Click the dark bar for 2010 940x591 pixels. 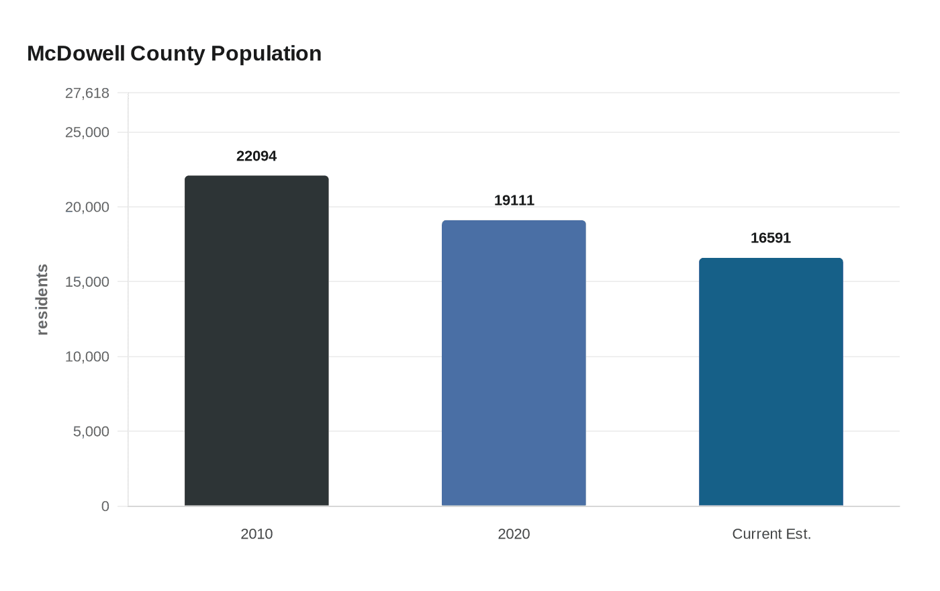[256, 340]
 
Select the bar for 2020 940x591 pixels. [514, 363]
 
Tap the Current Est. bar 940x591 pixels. [771, 381]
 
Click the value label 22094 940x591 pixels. [256, 156]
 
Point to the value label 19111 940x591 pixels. [514, 200]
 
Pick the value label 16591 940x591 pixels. [771, 238]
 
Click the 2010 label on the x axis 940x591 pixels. [256, 534]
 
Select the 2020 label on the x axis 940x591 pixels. [514, 534]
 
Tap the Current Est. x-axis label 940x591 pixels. [771, 534]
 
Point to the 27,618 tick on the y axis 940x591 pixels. [87, 93]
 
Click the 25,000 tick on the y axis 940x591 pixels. [87, 132]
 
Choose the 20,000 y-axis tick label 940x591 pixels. [87, 207]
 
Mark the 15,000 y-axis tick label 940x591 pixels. [87, 282]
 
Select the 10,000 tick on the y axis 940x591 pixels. [87, 357]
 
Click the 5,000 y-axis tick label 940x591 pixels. [91, 431]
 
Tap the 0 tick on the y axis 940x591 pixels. [105, 506]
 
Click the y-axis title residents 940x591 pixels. [42, 300]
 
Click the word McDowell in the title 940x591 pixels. [76, 53]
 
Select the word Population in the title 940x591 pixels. [266, 53]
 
